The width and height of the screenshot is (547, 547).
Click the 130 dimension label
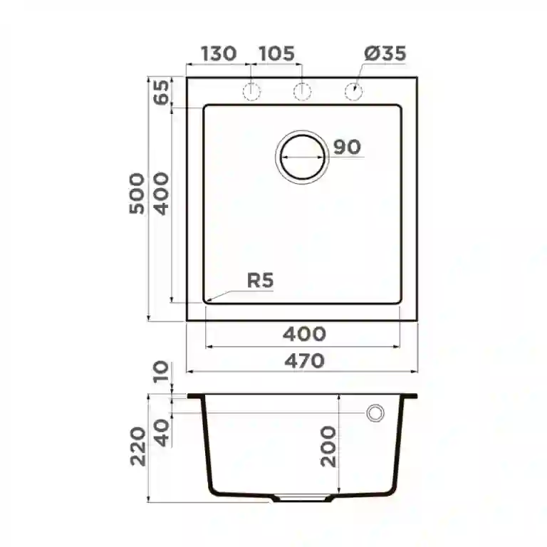click(218, 53)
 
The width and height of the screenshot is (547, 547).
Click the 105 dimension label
click(276, 53)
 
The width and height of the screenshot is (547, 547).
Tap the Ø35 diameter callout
click(385, 53)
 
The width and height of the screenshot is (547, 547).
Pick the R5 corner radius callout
click(260, 281)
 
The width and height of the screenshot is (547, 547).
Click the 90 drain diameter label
click(347, 147)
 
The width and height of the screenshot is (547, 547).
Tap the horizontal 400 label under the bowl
click(304, 333)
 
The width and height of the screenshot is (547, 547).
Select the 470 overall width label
click(304, 360)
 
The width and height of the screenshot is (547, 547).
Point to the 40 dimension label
click(163, 433)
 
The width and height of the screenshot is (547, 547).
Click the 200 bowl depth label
click(328, 445)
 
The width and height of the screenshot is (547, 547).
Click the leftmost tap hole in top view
click(252, 91)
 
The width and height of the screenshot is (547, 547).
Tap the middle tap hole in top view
click(303, 91)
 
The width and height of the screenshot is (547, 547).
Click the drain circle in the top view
click(303, 157)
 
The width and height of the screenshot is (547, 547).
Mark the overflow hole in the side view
click(375, 412)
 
